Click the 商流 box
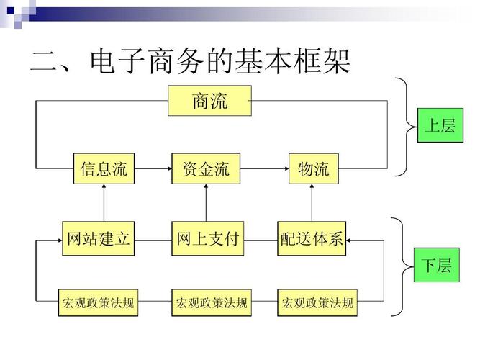pos(210,101)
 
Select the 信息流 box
pos(104,169)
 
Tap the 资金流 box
pos(206,169)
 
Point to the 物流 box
pos(313,169)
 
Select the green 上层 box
pos(438,125)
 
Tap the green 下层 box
pos(437,266)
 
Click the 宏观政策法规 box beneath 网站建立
pos(98,303)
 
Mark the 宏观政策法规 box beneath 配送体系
pos(317,303)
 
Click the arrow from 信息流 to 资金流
pos(153,169)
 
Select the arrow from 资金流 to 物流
pos(264,169)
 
